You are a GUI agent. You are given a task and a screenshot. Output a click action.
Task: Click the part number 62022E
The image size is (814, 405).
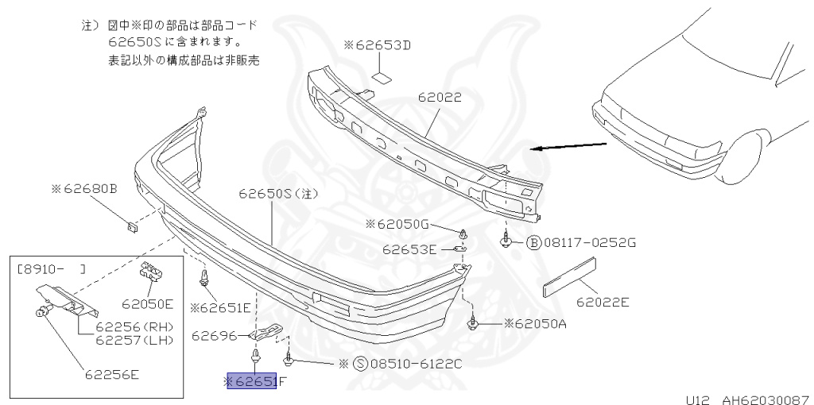(x=603, y=301)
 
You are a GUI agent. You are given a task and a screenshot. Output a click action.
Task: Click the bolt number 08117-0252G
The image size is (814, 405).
(x=589, y=242)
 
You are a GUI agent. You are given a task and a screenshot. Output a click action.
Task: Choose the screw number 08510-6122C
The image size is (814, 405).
(x=415, y=364)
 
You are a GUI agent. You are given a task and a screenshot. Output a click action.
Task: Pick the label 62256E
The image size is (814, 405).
(x=112, y=374)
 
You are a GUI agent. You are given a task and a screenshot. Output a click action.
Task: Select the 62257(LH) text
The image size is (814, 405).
(x=134, y=340)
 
